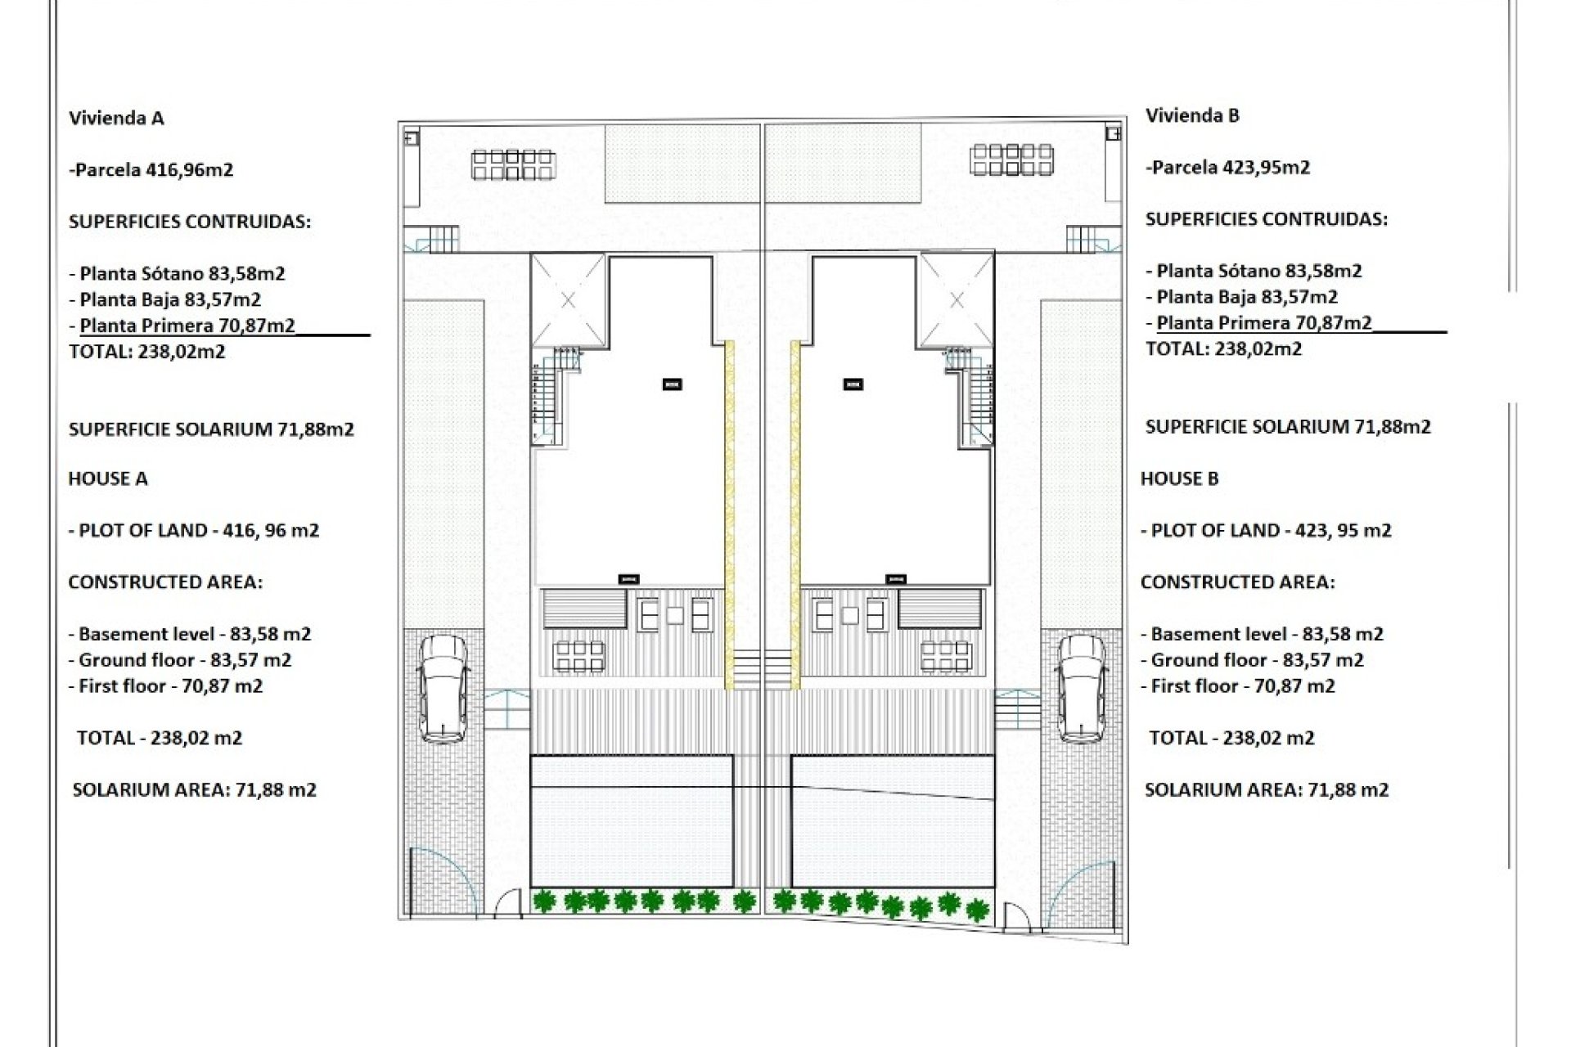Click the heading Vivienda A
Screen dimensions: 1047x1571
[x=116, y=118]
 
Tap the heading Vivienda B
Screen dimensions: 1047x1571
[x=1192, y=115]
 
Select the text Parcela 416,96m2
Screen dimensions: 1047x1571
[x=152, y=170]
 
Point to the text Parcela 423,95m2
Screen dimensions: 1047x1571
[x=1228, y=168]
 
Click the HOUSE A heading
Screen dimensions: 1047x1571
[x=108, y=479]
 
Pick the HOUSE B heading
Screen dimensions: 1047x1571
[x=1179, y=479]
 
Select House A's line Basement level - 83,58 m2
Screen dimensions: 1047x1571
[x=190, y=634]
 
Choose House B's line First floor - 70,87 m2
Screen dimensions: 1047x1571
[x=1238, y=686]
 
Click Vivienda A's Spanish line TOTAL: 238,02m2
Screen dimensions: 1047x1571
[x=147, y=352]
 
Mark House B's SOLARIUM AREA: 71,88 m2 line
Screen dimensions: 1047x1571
[x=1267, y=790]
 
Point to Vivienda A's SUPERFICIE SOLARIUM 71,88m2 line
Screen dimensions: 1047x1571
[x=211, y=429]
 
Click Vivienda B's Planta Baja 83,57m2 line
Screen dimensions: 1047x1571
[x=1242, y=297]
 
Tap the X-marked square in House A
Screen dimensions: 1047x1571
[x=569, y=300]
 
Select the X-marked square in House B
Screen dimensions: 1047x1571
[x=957, y=300]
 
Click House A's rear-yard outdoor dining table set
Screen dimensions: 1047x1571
[x=513, y=164]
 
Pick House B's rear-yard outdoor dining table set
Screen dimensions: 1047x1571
[x=1012, y=160]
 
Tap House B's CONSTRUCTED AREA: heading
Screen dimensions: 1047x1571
[x=1237, y=582]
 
